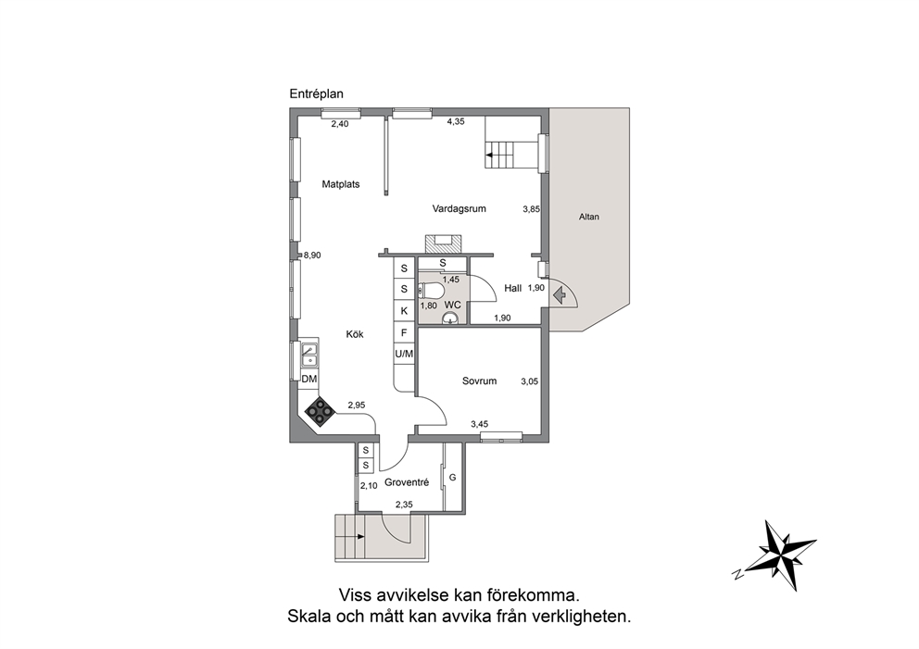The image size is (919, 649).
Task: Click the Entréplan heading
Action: point(317,94)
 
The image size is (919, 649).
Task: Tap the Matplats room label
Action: point(341,184)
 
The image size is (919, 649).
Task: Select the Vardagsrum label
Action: point(459,208)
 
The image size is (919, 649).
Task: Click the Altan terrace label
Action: point(589,217)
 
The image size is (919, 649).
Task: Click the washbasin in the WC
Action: point(450,318)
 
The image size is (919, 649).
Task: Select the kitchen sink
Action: point(308,355)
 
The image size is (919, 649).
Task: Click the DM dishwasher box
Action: point(308,379)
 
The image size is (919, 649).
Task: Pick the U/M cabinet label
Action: point(404,354)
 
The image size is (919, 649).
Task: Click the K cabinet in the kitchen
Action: point(404,311)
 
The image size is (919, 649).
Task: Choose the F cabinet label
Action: point(404,332)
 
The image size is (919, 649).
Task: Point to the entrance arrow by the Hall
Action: point(560,294)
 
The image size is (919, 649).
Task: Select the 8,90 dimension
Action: point(312,256)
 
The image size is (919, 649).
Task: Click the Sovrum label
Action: point(480,381)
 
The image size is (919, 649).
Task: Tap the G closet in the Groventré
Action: point(452,478)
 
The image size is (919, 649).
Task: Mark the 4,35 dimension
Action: point(456,122)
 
